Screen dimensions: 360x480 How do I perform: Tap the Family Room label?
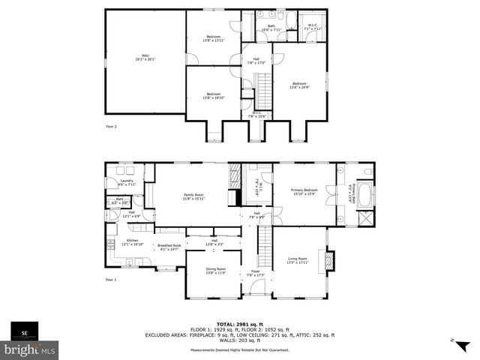pyautogui.click(x=194, y=196)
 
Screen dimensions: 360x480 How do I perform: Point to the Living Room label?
pyautogui.click(x=298, y=260)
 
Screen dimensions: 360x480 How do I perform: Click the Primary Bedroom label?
pyautogui.click(x=304, y=193)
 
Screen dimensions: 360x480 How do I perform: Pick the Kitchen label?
pyautogui.click(x=132, y=242)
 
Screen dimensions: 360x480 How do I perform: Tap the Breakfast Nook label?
pyautogui.click(x=166, y=247)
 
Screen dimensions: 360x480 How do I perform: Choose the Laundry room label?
pyautogui.click(x=127, y=182)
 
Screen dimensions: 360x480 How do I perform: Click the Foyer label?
pyautogui.click(x=256, y=273)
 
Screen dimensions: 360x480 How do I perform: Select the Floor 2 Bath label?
pyautogui.click(x=271, y=28)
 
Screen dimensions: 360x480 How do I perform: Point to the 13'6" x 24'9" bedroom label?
pyautogui.click(x=299, y=85)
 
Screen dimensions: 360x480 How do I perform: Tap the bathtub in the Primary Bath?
pyautogui.click(x=365, y=196)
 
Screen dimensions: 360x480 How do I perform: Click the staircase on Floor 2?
pyautogui.click(x=263, y=91)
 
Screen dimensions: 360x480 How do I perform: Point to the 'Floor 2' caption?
pyautogui.click(x=111, y=127)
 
